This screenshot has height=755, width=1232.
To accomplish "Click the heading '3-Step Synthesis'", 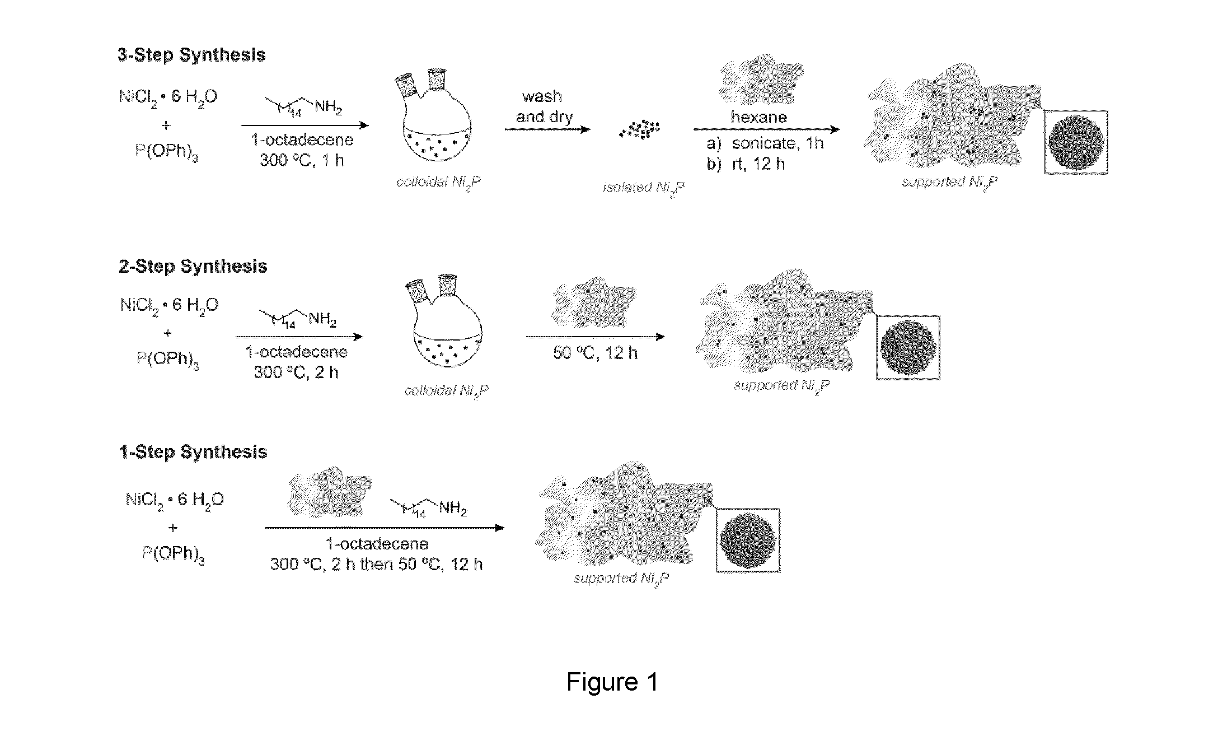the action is tap(191, 55).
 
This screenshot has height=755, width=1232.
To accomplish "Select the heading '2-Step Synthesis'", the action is tap(193, 267).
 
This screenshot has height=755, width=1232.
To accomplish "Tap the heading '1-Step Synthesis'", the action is tap(193, 453).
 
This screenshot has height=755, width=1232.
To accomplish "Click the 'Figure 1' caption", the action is tap(612, 682).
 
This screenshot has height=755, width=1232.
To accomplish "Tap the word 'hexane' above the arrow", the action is tap(758, 117).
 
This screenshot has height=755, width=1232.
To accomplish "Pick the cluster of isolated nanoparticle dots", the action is tap(640, 129).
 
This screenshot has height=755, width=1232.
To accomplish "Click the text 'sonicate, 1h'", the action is tap(777, 143).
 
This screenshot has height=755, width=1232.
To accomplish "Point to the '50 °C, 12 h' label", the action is tap(595, 353).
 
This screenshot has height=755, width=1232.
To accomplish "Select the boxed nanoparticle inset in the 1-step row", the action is tap(748, 540).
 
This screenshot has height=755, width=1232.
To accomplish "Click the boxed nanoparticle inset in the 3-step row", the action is tap(1076, 142).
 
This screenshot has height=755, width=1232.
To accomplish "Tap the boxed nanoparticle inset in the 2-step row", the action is tap(908, 348).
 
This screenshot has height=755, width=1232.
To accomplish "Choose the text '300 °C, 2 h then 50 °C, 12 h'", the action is tap(376, 565).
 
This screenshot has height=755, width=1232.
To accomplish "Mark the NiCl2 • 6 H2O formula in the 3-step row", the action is tap(168, 97).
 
